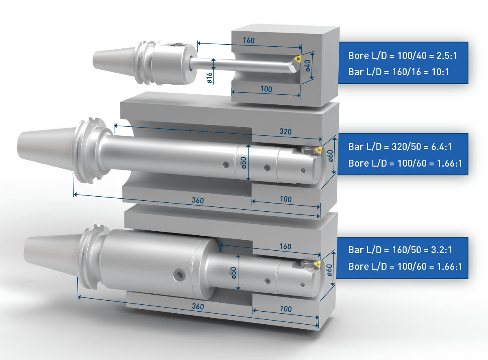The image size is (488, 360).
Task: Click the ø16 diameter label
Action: [210, 78]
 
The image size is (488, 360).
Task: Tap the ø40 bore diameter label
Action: [308, 66]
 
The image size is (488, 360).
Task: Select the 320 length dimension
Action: [285, 132]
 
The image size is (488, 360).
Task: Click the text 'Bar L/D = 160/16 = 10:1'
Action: [399, 72]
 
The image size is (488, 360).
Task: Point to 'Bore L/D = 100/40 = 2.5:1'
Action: [403, 56]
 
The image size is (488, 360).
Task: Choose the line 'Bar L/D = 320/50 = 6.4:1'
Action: [400, 147]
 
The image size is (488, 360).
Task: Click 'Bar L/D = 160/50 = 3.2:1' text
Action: [400, 250]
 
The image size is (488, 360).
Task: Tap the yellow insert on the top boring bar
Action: [297, 59]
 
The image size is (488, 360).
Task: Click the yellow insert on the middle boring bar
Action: [318, 150]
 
